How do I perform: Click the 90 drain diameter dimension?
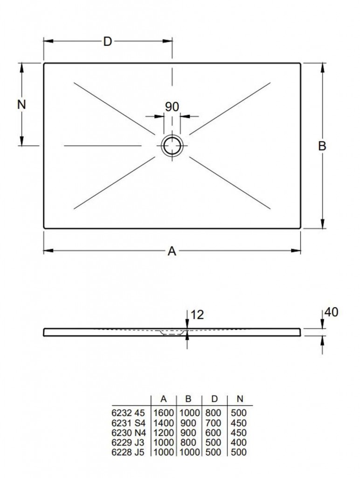tap(172, 107)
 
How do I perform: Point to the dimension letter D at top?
tap(108, 42)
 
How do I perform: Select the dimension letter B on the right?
tap(322, 146)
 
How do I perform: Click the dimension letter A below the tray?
tap(172, 251)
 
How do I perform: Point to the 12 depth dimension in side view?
tap(197, 315)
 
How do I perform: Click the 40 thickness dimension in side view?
tap(332, 312)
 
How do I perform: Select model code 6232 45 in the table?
tap(128, 413)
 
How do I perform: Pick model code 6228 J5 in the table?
tap(128, 452)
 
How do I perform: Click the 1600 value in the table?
tap(163, 413)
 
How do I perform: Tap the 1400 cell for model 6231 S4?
tap(163, 423)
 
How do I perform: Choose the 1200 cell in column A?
tap(163, 433)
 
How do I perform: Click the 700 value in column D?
tap(213, 423)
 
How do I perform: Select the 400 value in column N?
tap(239, 443)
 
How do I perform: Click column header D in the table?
tap(215, 399)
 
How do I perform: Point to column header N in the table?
tap(240, 399)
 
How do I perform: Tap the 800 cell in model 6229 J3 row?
tap(188, 443)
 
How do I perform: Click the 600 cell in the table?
tap(213, 433)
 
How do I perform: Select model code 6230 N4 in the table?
tap(128, 433)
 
